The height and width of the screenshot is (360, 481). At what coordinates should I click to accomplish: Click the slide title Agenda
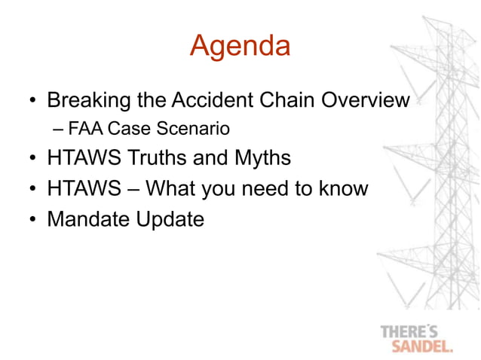240,46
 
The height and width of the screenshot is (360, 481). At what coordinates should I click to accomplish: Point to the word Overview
363,100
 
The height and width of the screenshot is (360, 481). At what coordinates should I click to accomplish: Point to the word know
343,188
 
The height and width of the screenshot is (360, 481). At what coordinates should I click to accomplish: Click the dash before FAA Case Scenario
59,130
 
